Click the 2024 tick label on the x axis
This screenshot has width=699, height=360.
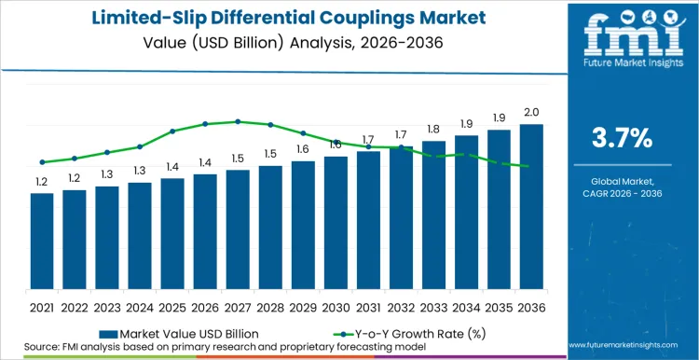point(140,305)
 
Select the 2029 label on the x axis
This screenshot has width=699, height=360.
point(303,305)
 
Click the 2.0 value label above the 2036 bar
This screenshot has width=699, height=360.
point(531,113)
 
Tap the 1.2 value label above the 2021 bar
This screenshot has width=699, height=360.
point(42,182)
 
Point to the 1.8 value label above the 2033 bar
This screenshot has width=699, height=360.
point(433,130)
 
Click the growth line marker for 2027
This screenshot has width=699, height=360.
point(238,121)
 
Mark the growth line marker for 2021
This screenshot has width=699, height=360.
point(42,161)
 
